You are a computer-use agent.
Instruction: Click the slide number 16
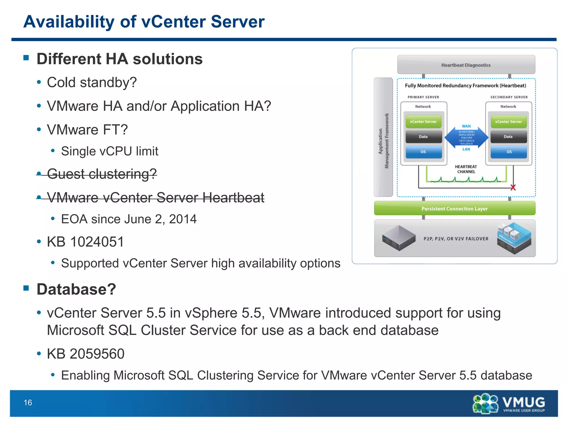click(28, 402)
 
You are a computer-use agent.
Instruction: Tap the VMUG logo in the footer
click(509, 403)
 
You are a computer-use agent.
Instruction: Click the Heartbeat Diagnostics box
click(466, 65)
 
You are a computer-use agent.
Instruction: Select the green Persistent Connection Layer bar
click(454, 209)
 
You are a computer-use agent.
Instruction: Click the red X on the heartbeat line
click(513, 188)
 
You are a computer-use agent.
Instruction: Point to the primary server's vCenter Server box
click(423, 122)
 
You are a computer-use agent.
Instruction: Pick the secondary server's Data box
click(508, 137)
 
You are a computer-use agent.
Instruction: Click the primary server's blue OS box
click(423, 152)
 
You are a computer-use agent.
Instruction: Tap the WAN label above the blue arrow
click(466, 126)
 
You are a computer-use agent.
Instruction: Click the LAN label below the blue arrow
click(466, 149)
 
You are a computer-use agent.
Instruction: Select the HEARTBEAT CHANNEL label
click(466, 169)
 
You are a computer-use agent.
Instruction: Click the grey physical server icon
click(399, 238)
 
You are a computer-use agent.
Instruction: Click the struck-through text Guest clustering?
click(102, 174)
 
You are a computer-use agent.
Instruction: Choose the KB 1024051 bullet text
click(85, 242)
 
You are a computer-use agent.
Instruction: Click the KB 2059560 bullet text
click(85, 354)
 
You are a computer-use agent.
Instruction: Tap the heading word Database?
click(76, 289)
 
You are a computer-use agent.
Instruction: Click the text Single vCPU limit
click(110, 151)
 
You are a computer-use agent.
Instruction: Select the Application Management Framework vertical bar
click(383, 137)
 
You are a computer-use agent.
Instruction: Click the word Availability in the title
click(69, 22)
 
